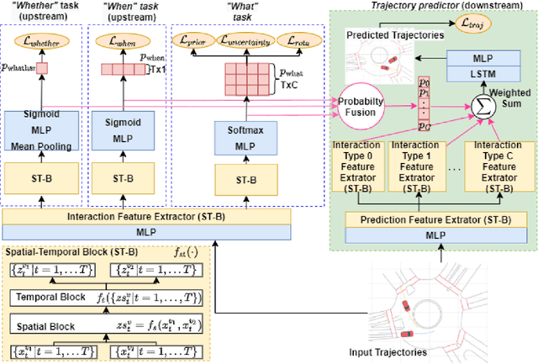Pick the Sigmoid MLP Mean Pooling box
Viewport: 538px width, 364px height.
click(43, 129)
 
